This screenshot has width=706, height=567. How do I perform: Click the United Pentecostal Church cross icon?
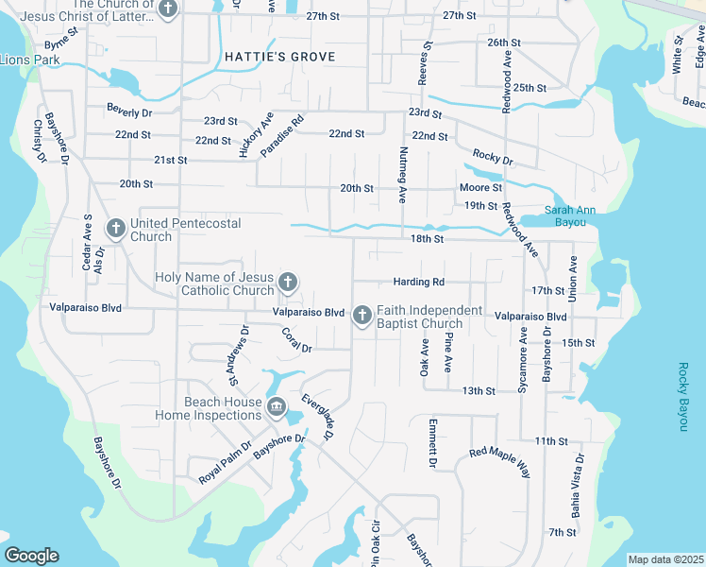click(x=116, y=228)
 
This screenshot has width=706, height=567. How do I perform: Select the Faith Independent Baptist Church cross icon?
click(x=361, y=316)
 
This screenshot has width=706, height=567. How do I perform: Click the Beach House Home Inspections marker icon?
click(x=277, y=407)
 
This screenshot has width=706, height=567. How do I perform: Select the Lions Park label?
click(x=29, y=60)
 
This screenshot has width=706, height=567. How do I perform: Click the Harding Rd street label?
click(x=418, y=282)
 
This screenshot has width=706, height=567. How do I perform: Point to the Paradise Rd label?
click(x=282, y=135)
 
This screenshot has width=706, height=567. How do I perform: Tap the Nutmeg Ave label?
click(x=402, y=176)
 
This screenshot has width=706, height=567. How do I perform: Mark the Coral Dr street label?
click(x=297, y=340)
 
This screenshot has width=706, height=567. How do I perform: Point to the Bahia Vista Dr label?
click(x=576, y=485)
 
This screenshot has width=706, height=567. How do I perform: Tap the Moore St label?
click(x=480, y=188)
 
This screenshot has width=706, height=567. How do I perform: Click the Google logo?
click(x=32, y=557)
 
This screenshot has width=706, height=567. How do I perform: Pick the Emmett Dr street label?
click(x=432, y=443)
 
